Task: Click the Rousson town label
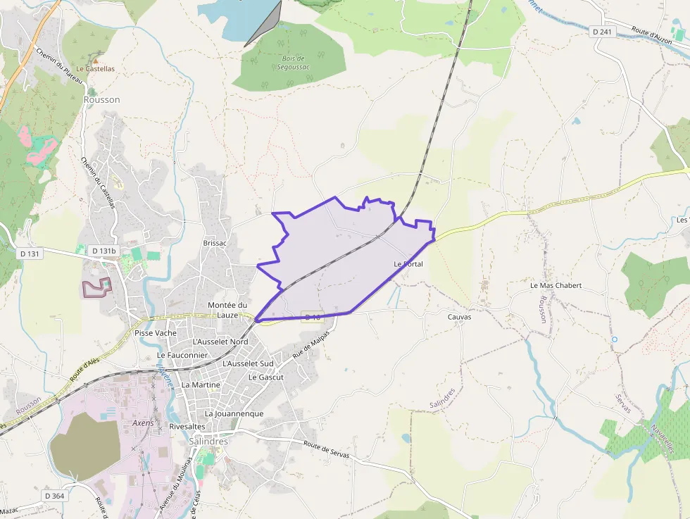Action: [x=101, y=100]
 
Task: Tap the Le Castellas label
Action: [x=95, y=69]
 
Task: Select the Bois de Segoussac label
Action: [x=291, y=63]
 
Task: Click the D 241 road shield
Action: [x=602, y=32]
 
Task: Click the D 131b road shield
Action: [x=103, y=251]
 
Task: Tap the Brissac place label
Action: [x=215, y=243]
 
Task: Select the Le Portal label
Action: [x=408, y=264]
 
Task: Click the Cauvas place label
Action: [x=459, y=317]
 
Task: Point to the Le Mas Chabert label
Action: [x=556, y=286]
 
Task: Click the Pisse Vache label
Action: [x=155, y=333]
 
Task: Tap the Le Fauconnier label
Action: [x=182, y=356]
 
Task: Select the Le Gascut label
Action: [x=265, y=377]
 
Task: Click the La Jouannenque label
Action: [x=234, y=413]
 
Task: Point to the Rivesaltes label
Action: [x=187, y=427]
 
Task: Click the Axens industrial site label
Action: [x=143, y=423]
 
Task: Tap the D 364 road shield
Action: [x=54, y=496]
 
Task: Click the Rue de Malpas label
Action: [x=310, y=349]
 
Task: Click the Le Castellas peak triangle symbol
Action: [x=96, y=58]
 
